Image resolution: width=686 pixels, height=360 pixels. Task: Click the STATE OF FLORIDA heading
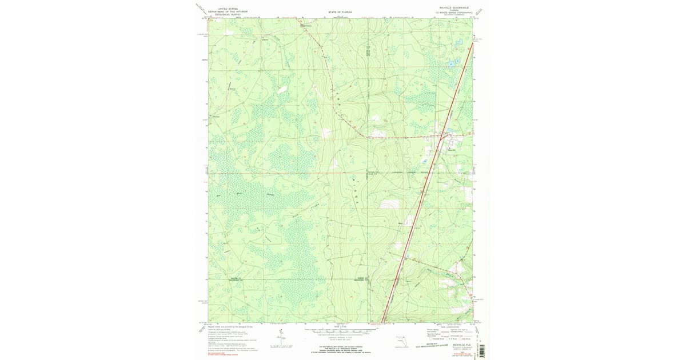tap(340, 11)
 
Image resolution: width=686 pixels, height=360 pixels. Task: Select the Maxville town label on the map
tap(452, 150)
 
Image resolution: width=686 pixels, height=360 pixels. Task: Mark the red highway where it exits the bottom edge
tap(382, 322)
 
